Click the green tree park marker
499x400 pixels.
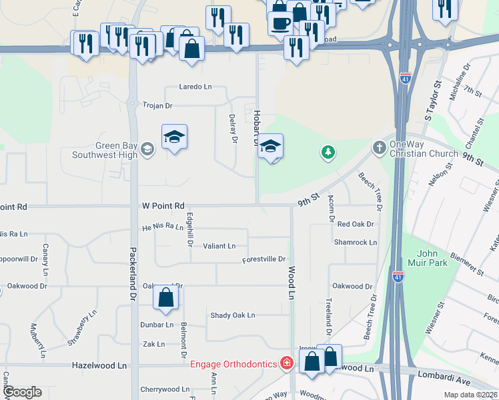click(328, 153)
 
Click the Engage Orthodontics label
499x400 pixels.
click(234, 363)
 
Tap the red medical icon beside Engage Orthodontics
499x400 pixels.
click(287, 363)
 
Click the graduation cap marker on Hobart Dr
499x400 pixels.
click(270, 146)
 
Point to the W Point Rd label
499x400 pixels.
click(162, 207)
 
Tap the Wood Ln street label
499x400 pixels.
click(292, 282)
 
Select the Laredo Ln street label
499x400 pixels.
click(195, 87)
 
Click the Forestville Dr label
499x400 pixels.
click(264, 259)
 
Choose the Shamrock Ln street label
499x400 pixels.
click(356, 243)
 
